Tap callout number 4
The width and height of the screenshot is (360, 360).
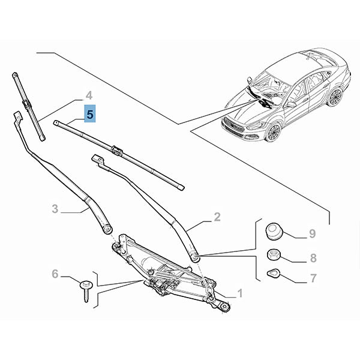88,95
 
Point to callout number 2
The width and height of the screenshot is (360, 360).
217,216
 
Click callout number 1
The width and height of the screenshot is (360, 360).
239,293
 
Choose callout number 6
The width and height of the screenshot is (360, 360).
55,274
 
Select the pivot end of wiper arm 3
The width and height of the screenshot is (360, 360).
107,229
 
